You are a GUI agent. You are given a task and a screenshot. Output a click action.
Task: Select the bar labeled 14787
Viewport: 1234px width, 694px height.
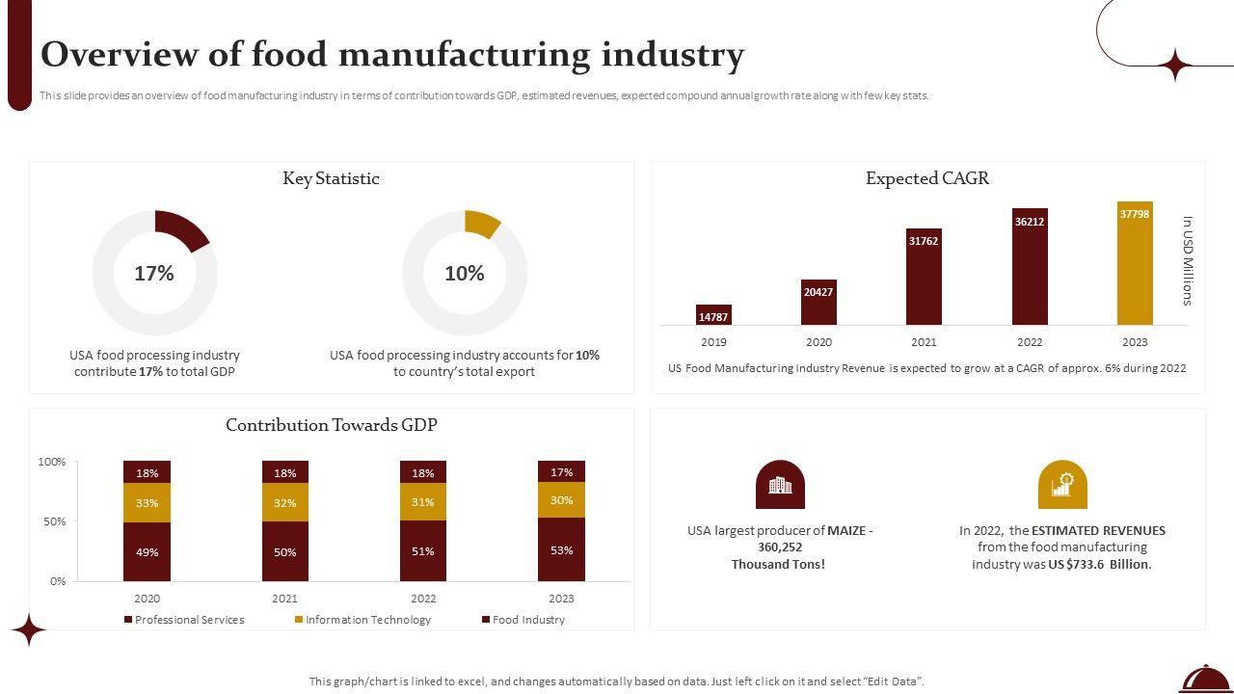[x=713, y=315]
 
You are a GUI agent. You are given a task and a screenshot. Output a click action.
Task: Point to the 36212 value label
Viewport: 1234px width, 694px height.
[x=1030, y=222]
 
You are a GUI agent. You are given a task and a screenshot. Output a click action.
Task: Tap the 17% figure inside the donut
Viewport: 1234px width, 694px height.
[x=154, y=274]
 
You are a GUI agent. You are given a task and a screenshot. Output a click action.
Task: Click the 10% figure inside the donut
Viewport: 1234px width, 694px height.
[x=464, y=274]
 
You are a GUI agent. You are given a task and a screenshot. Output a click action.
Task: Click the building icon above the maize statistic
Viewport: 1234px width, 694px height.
[x=780, y=485]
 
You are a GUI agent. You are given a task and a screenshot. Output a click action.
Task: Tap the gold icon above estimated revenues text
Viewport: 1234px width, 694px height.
[x=1062, y=485]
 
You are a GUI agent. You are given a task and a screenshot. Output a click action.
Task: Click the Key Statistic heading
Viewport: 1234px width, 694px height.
[x=331, y=178]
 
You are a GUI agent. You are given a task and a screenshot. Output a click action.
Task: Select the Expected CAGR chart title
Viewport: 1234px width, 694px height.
[x=926, y=178]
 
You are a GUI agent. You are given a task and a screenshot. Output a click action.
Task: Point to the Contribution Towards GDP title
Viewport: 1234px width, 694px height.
[x=331, y=425]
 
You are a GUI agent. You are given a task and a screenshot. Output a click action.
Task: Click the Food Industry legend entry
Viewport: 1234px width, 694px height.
[x=527, y=620]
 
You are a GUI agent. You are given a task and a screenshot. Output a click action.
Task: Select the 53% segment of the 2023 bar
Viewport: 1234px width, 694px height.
[x=561, y=549]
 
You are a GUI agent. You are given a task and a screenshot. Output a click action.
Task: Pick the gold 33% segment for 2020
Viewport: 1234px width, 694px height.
[x=147, y=503]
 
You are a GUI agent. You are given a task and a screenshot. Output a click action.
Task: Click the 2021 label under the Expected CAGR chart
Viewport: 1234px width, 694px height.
[x=924, y=342]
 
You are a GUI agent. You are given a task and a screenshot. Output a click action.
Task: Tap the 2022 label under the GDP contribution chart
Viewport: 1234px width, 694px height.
[x=423, y=599]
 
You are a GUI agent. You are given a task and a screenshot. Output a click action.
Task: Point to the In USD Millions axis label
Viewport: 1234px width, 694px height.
[x=1188, y=260]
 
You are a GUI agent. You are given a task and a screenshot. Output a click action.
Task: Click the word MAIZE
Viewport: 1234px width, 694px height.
[x=846, y=530]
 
